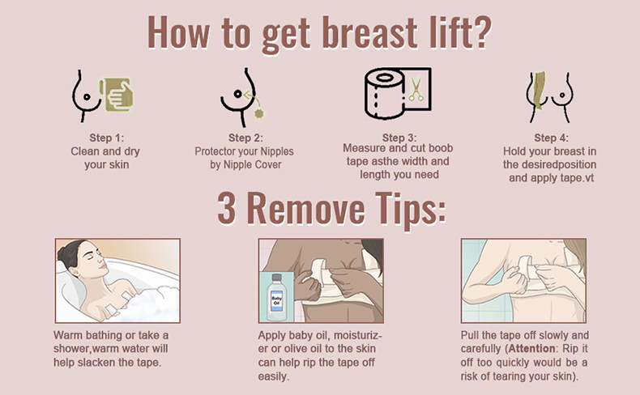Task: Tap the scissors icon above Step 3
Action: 416,89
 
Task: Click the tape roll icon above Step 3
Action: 384,93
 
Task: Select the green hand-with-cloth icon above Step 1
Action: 117,95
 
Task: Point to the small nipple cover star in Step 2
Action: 258,113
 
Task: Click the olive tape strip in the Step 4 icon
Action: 539,91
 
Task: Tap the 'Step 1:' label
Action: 106,138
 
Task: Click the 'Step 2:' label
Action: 245,138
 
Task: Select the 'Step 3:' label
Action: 399,138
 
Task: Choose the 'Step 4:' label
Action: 551,138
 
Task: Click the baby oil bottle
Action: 276,296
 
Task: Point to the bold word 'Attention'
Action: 531,349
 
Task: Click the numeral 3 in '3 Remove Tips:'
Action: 227,208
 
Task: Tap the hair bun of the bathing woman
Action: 65,253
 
